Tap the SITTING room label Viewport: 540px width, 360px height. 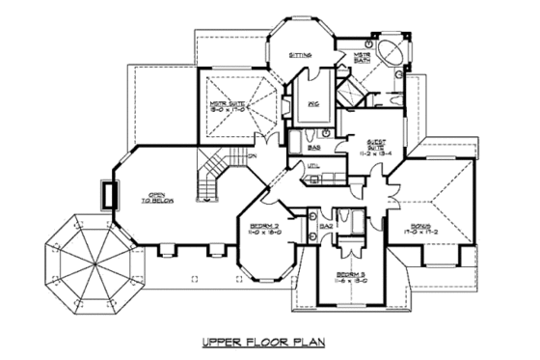pos(301,56)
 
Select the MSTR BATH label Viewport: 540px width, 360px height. pos(364,58)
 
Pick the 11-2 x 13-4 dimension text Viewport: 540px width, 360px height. pos(369,153)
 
